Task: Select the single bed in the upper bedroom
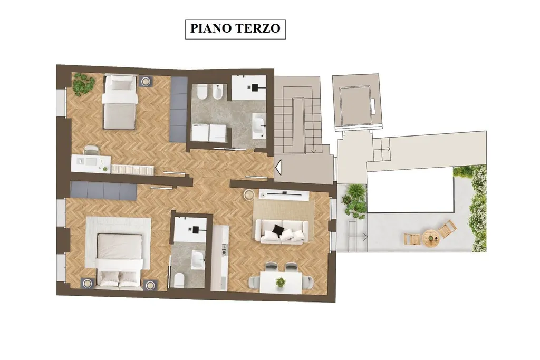pyautogui.click(x=120, y=102)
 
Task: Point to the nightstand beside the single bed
pyautogui.click(x=146, y=81)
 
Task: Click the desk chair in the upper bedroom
pyautogui.click(x=91, y=151)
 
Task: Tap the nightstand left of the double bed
pyautogui.click(x=88, y=283)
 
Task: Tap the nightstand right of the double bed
pyautogui.click(x=150, y=284)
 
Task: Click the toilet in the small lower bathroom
pyautogui.click(x=179, y=279)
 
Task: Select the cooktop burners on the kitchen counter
pyautogui.click(x=224, y=249)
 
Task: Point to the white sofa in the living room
pyautogui.click(x=282, y=231)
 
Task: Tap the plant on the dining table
pyautogui.click(x=281, y=282)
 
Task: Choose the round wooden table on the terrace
pyautogui.click(x=431, y=238)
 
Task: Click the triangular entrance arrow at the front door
pyautogui.click(x=278, y=167)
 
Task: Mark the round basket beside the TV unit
pyautogui.click(x=248, y=194)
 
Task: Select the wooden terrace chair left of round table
pyautogui.click(x=412, y=239)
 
